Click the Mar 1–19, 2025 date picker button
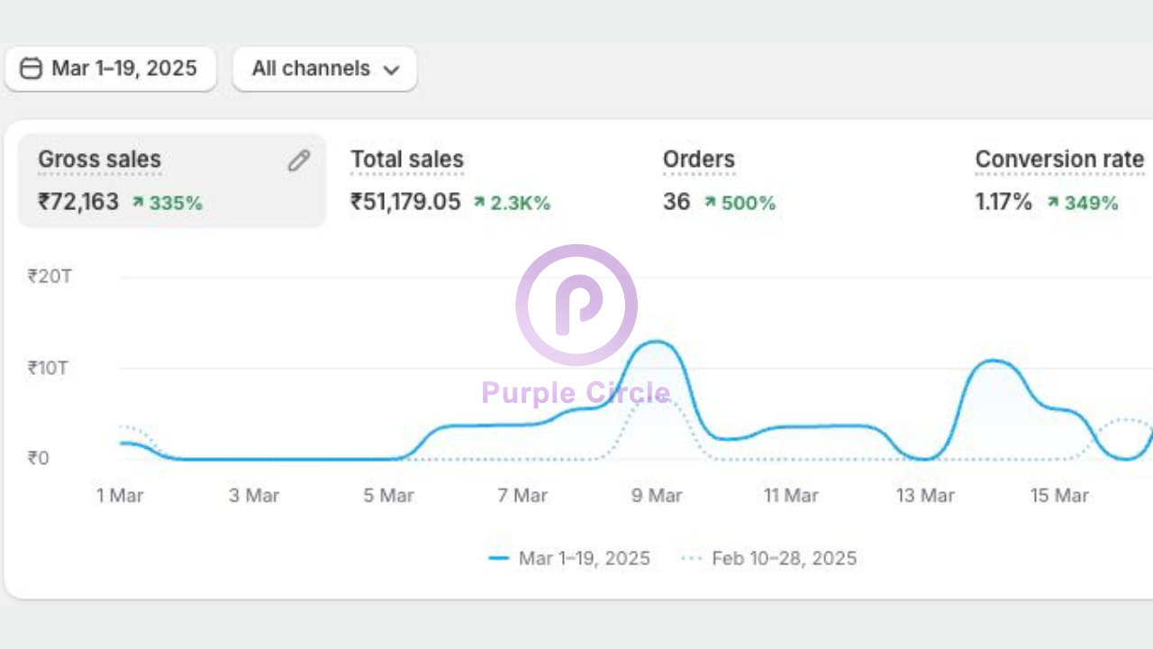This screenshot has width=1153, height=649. click(111, 69)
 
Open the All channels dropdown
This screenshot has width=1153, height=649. click(324, 69)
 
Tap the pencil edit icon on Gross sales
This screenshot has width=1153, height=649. click(299, 160)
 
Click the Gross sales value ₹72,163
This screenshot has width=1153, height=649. click(78, 202)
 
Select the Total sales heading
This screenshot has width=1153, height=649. click(407, 160)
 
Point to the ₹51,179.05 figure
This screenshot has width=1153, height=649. click(405, 202)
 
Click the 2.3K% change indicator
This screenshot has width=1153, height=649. click(512, 203)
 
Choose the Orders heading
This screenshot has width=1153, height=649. click(699, 160)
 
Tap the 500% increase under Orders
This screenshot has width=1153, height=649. click(740, 203)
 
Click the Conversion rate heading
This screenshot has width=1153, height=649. click(1059, 160)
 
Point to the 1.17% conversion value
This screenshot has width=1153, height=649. click(1003, 202)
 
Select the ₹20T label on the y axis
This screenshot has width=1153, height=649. click(50, 277)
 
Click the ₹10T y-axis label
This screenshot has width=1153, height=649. click(48, 368)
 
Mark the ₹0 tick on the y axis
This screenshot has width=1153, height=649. click(38, 458)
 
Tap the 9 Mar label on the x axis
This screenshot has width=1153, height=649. click(657, 495)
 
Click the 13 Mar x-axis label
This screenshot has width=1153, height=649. click(925, 495)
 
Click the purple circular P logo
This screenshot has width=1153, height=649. click(576, 305)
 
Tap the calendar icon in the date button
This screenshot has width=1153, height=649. click(31, 69)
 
